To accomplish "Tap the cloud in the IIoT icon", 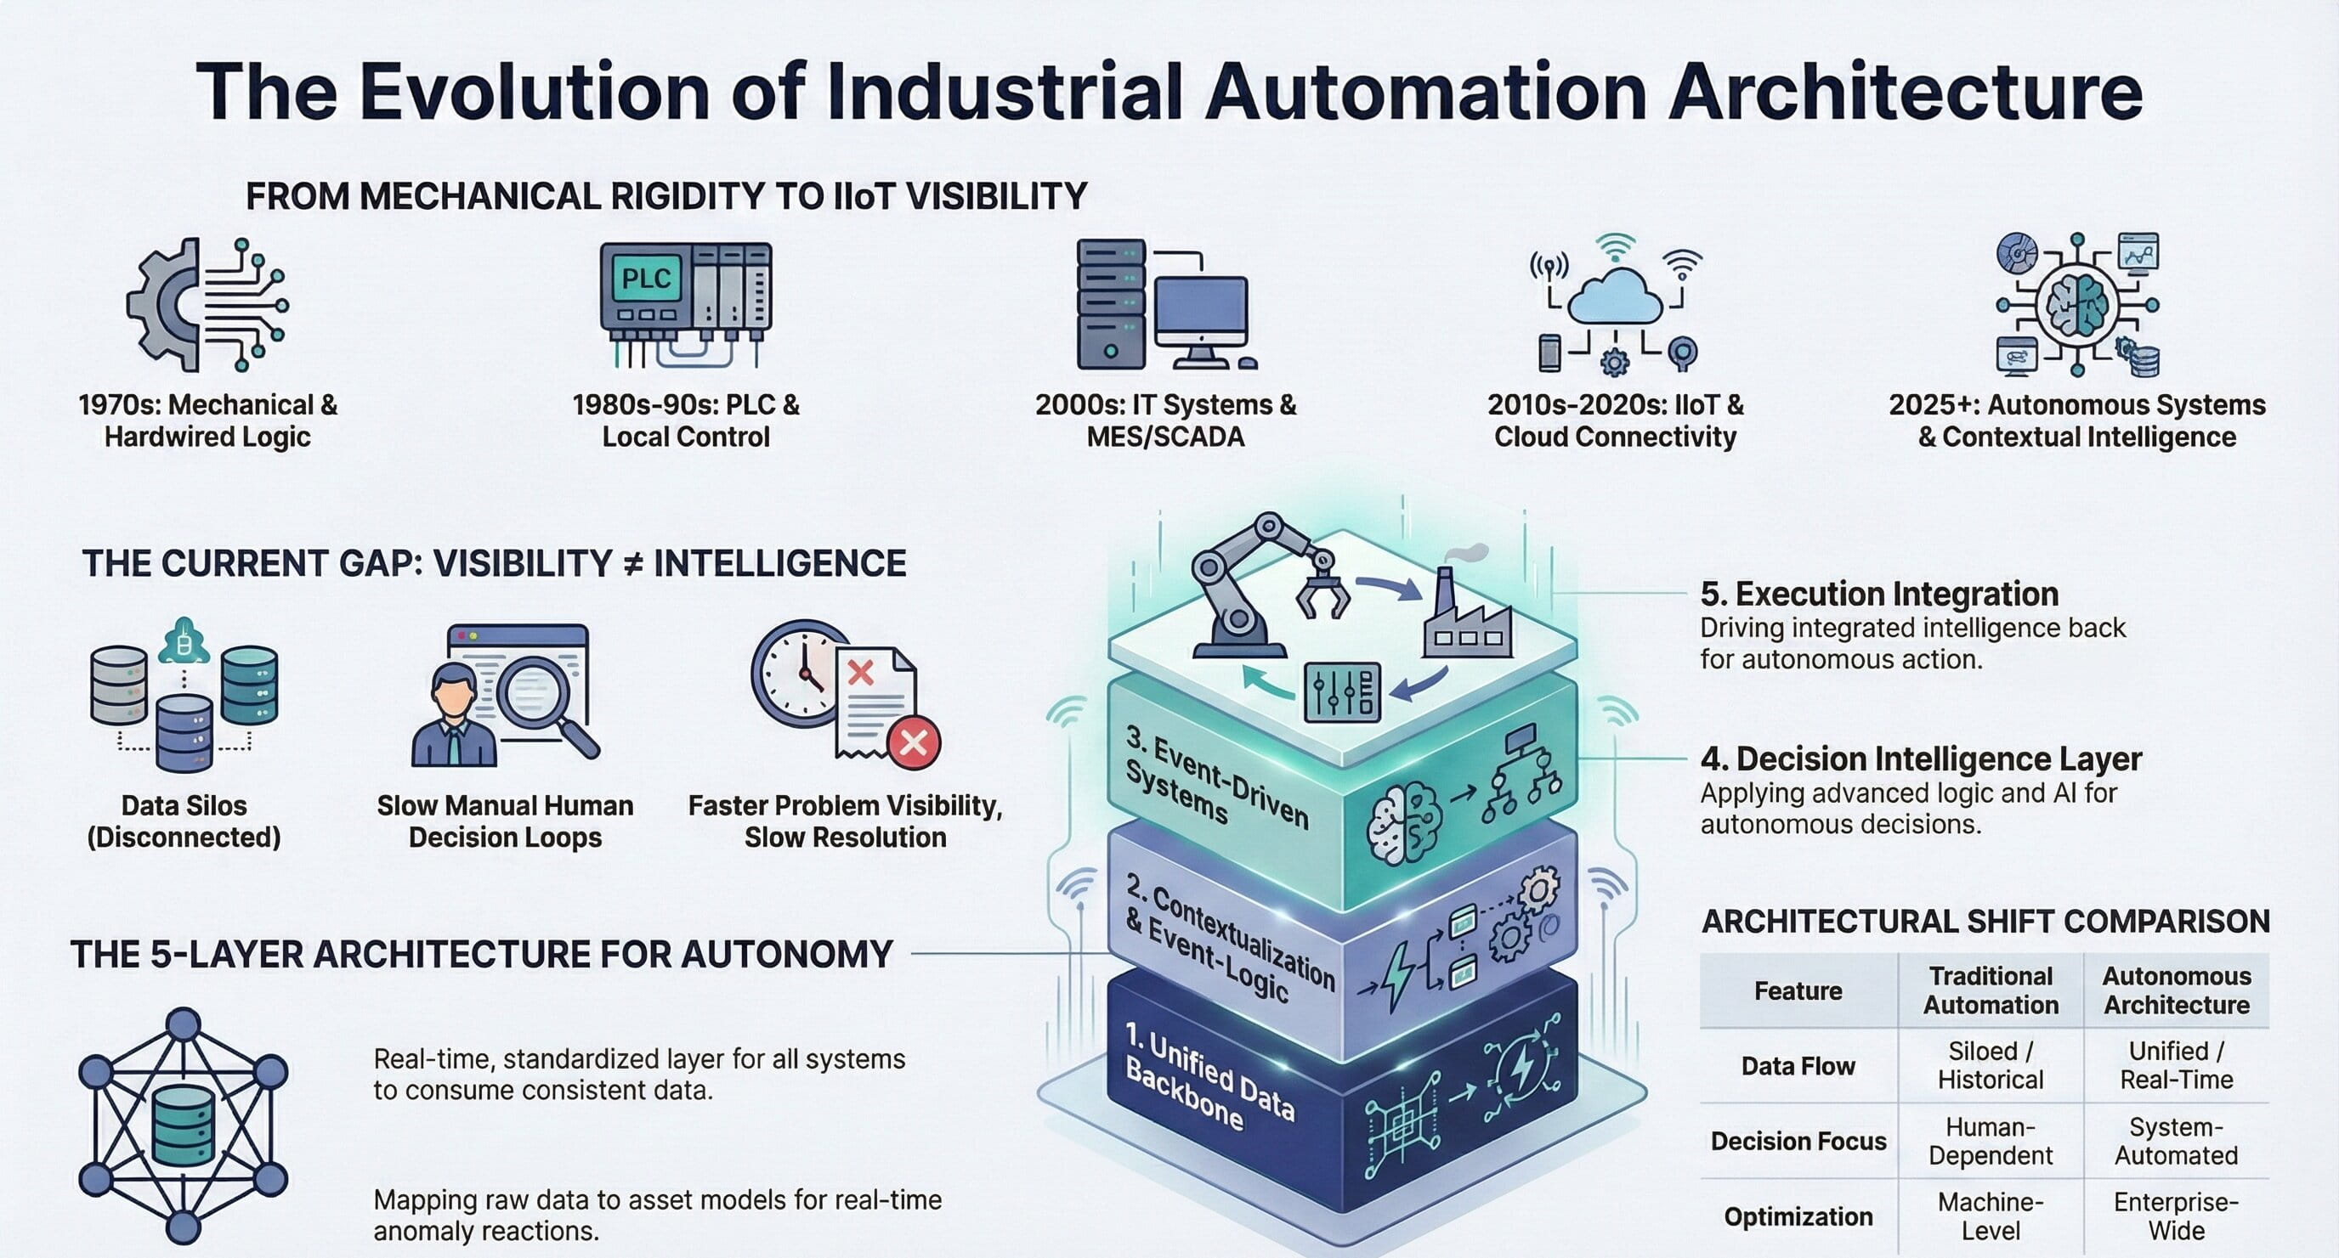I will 1614,296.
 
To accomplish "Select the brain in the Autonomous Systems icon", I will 2076,303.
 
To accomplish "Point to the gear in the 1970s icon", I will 163,305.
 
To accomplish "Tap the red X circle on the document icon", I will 913,742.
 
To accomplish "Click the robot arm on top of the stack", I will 1253,581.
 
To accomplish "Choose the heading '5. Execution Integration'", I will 1878,594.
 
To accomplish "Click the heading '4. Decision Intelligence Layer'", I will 1921,758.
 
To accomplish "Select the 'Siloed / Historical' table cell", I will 1990,1064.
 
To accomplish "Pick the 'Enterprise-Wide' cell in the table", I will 2176,1216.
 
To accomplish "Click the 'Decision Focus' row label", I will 1798,1141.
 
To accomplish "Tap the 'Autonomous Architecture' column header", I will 2176,990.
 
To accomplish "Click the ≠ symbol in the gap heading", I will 633,564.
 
